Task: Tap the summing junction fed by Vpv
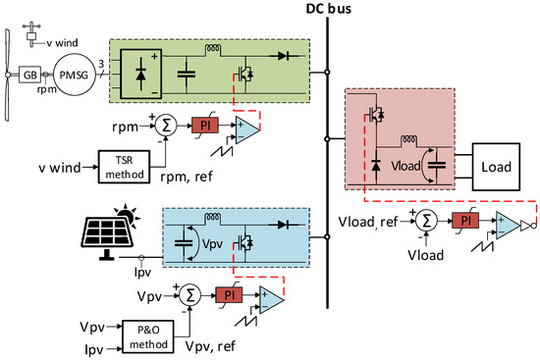(191, 294)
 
